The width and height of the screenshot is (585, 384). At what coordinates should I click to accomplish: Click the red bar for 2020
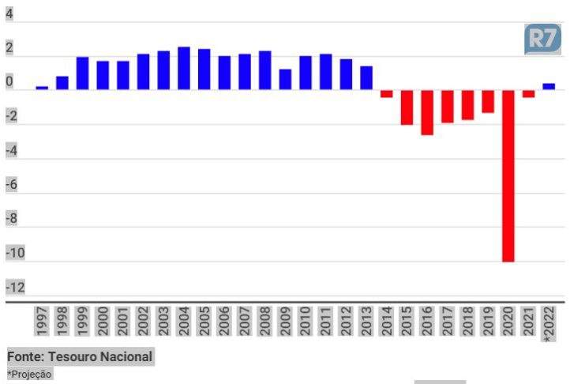(x=508, y=175)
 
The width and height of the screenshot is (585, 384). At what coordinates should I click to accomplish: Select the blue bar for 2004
(x=184, y=68)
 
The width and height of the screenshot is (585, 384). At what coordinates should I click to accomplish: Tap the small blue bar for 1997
(x=42, y=87)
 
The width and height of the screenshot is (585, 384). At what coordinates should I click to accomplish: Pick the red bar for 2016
(x=427, y=112)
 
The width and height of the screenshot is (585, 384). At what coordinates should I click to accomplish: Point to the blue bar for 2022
(x=549, y=86)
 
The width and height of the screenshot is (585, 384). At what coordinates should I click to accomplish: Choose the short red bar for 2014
(x=386, y=93)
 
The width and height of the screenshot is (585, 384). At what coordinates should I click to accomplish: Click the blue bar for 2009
(x=285, y=79)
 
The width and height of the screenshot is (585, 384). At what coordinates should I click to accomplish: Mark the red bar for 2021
(x=528, y=93)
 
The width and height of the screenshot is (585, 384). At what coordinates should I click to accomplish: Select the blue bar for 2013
(x=366, y=77)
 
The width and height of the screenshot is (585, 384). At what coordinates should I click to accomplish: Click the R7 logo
(x=542, y=39)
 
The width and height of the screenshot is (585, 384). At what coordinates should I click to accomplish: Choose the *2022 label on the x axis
(x=549, y=324)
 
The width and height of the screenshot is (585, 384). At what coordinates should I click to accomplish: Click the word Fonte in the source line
(x=26, y=357)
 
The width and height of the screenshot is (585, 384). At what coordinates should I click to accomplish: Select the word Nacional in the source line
(x=126, y=357)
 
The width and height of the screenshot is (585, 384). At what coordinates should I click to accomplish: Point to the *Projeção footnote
(x=30, y=374)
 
